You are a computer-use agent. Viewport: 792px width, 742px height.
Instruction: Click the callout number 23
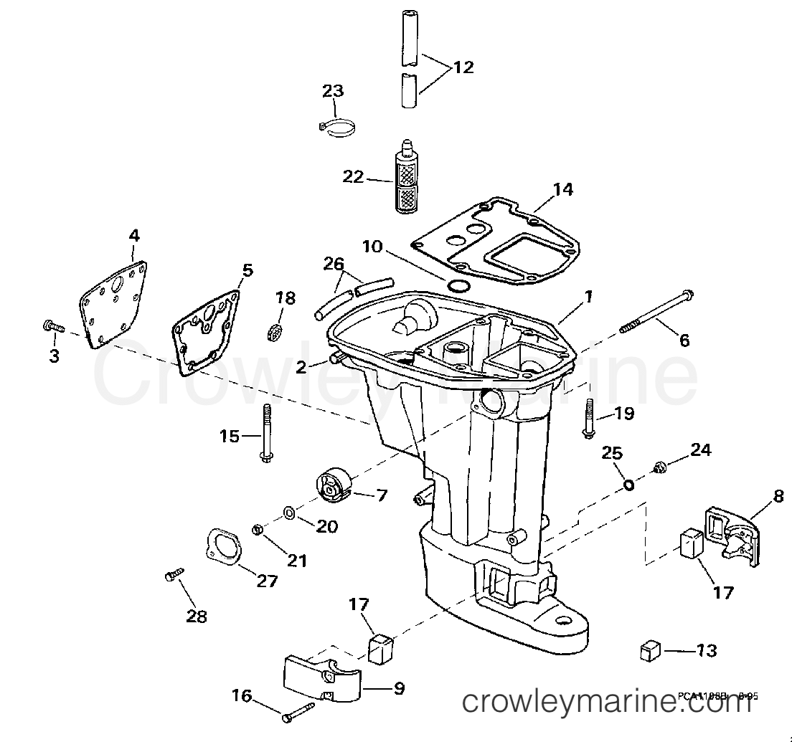pos(333,91)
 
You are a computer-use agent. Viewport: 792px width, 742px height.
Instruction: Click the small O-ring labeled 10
pos(458,287)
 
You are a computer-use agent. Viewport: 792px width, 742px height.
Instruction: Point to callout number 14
pos(563,189)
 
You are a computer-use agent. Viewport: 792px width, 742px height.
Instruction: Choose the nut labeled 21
pos(257,530)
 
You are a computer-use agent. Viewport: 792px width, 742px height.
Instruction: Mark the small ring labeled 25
pos(628,485)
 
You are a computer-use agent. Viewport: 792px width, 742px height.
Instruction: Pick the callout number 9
pos(398,689)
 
